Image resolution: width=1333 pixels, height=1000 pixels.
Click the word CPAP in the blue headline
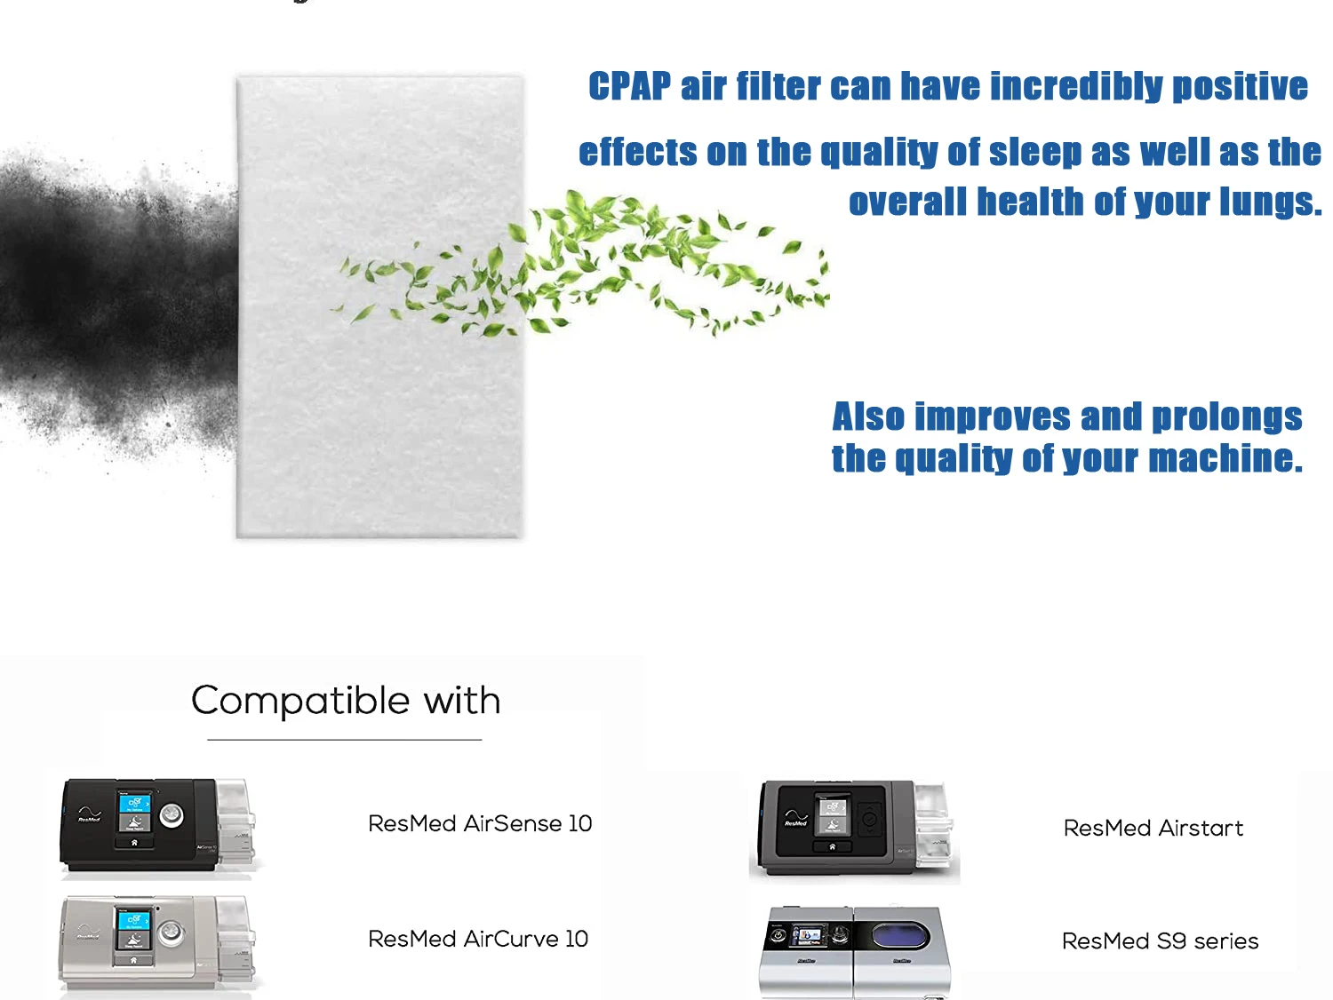tap(629, 87)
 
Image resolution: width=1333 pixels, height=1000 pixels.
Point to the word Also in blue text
tap(868, 417)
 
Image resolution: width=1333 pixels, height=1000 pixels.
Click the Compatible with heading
tap(346, 701)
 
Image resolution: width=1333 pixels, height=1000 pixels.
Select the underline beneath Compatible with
tap(344, 739)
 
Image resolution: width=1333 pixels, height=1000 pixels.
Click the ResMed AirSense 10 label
tap(480, 823)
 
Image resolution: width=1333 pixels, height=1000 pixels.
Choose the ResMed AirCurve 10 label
tap(478, 939)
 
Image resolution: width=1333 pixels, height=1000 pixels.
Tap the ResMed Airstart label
tap(1153, 828)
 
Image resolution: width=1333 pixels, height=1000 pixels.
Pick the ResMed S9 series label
tap(1160, 940)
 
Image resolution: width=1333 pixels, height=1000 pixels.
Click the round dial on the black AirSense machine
tap(172, 814)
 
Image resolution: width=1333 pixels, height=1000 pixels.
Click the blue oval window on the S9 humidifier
tap(899, 935)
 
